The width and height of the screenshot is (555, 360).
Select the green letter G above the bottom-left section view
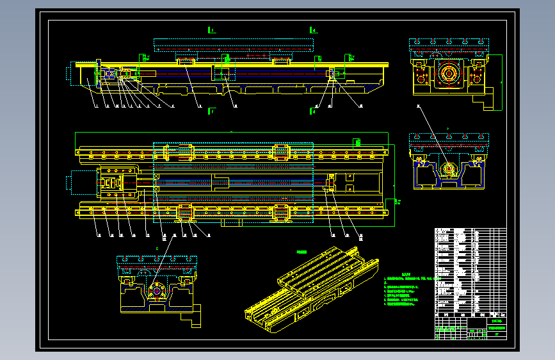coord(157,247)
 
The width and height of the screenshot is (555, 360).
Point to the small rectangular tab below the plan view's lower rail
coord(231,225)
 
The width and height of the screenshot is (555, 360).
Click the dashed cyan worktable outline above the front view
coord(234,44)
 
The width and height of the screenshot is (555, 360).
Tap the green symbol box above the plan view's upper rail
coord(358,142)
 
